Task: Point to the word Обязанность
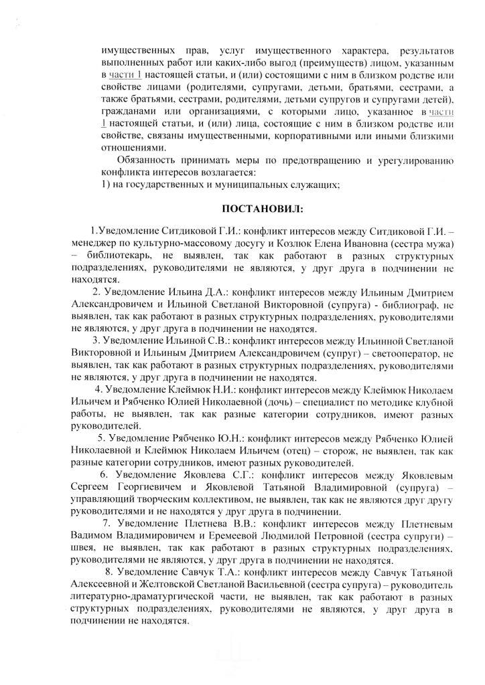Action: coord(149,161)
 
